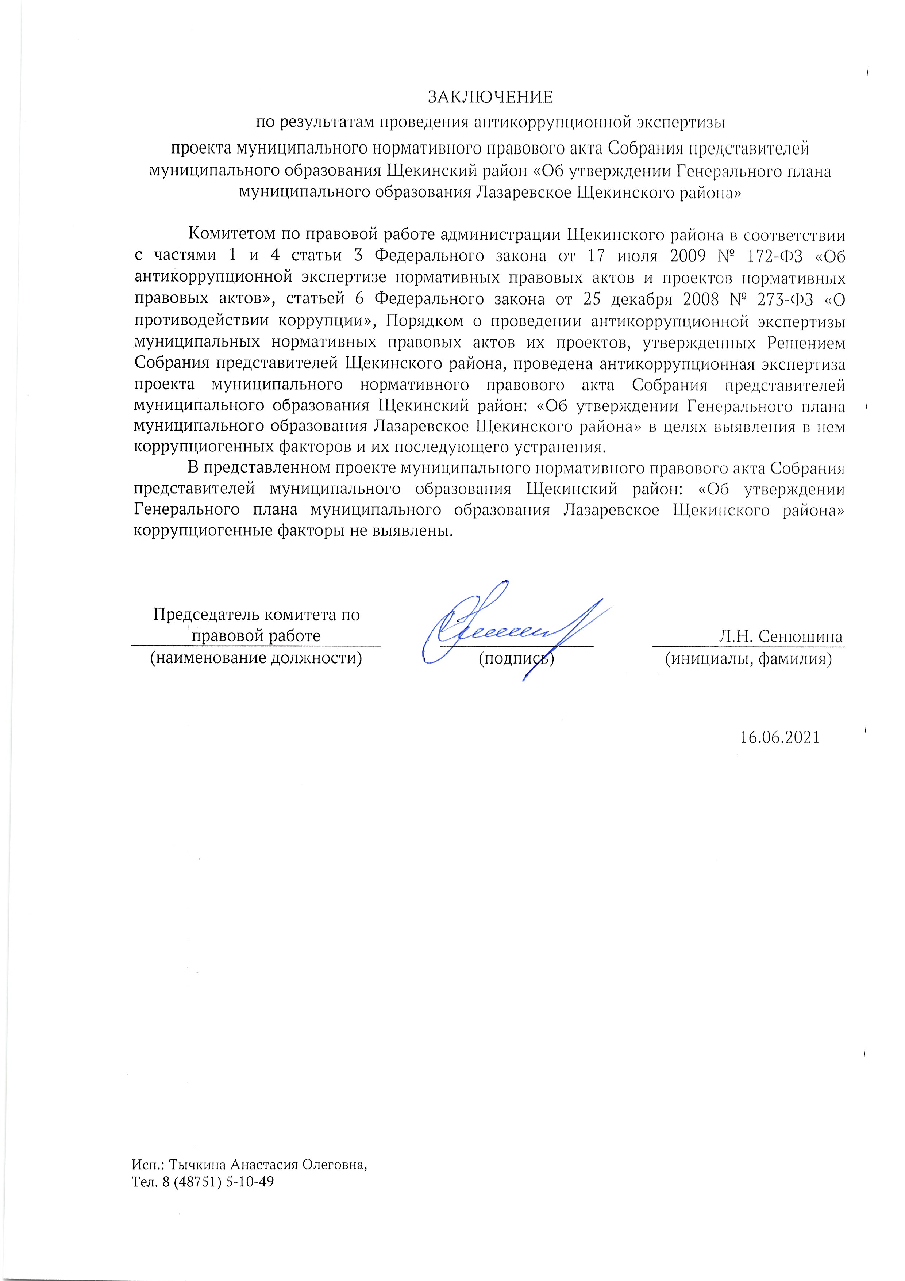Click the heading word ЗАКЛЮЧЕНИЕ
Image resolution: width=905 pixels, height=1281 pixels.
[490, 97]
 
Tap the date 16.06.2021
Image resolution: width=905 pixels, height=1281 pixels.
[779, 737]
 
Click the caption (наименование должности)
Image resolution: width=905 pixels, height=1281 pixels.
[256, 658]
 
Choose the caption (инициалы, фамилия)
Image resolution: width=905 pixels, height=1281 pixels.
[748, 659]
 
